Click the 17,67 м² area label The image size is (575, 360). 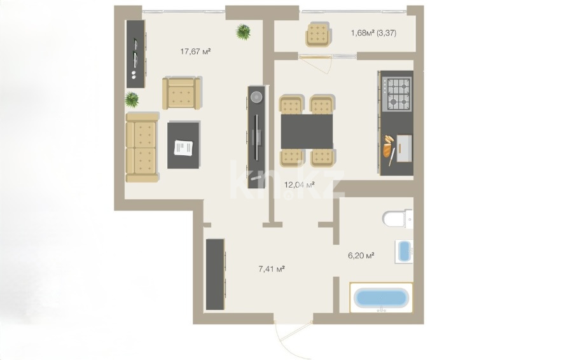195,52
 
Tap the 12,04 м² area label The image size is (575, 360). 300,184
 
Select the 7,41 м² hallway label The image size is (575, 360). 272,269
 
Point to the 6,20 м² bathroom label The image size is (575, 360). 361,255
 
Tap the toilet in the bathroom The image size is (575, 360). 397,219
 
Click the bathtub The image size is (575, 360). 381,297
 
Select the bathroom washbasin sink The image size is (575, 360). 404,251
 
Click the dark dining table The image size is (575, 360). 307,131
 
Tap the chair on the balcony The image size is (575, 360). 318,34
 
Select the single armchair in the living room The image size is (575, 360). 181,93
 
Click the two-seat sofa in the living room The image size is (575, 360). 142,148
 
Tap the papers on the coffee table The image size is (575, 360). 183,148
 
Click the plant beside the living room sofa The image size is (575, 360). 132,99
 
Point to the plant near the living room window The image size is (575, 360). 243,32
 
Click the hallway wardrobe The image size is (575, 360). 215,275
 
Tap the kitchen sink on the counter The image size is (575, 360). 404,148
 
